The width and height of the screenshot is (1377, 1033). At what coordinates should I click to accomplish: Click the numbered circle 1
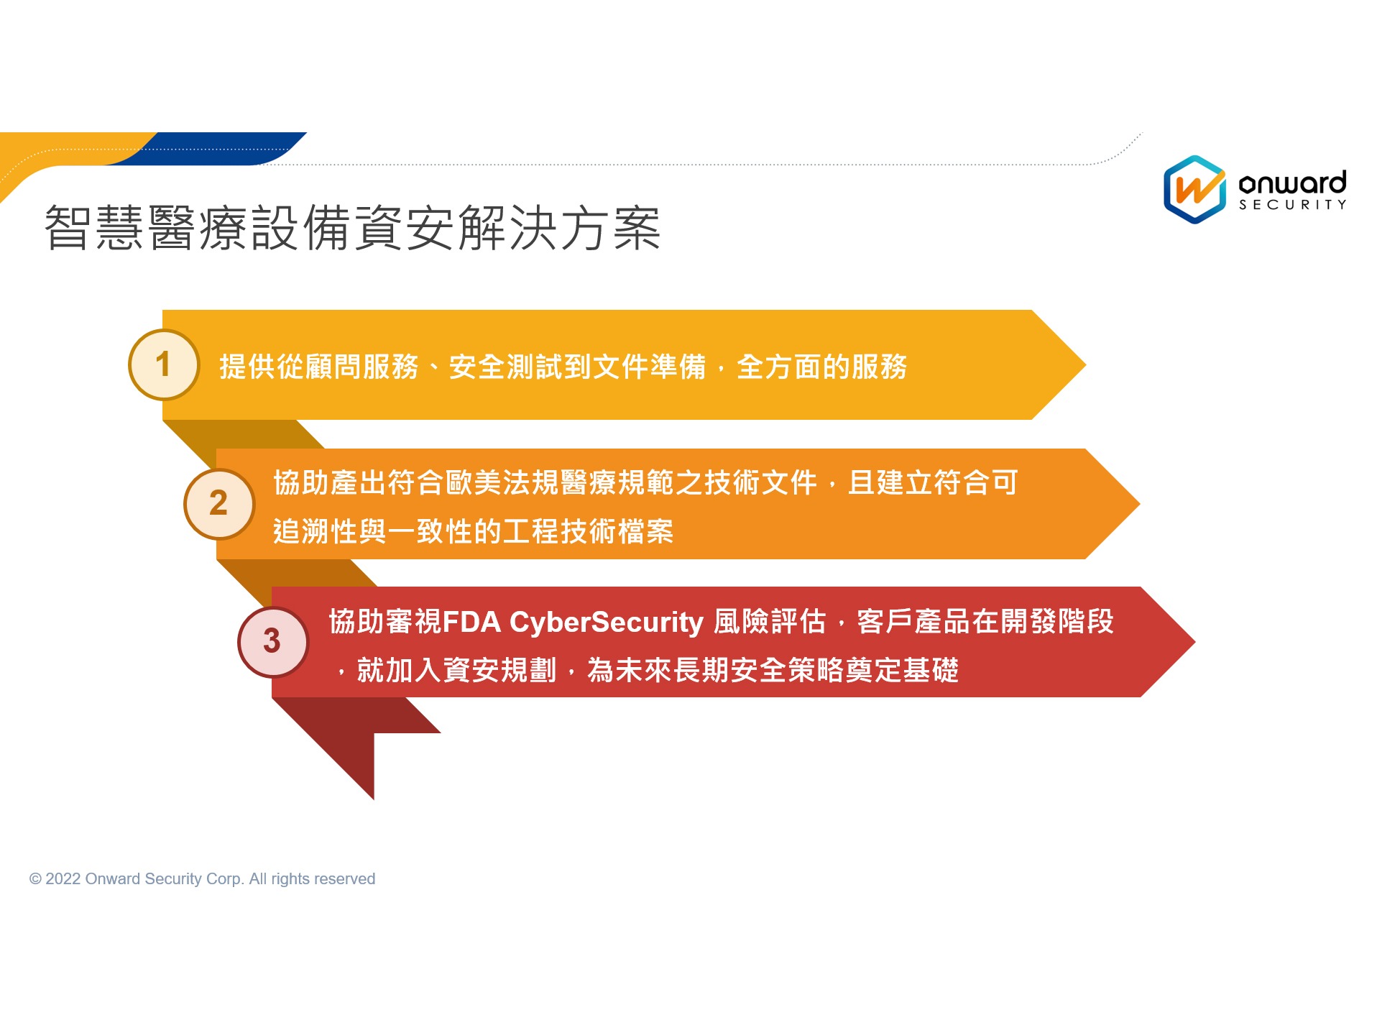163,364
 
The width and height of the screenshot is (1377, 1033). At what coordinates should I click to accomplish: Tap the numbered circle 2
218,503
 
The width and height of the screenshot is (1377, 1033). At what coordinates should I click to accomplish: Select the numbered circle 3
272,641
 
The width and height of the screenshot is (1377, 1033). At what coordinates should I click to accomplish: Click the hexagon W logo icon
1194,189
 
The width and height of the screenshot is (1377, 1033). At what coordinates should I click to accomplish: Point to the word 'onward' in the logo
1292,183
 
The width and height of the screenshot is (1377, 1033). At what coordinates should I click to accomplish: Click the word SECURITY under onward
1292,205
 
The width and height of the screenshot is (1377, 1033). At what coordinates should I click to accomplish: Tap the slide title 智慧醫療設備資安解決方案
352,228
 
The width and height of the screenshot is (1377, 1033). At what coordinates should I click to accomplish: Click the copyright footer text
202,878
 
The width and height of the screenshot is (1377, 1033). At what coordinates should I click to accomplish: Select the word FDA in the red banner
471,622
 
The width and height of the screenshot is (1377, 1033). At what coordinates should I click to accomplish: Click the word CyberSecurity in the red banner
606,623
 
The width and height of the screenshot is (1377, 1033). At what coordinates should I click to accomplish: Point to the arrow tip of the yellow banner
1084,365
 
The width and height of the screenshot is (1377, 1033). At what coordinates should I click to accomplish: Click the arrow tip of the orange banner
1139,504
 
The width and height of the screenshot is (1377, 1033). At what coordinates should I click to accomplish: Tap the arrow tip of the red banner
1194,642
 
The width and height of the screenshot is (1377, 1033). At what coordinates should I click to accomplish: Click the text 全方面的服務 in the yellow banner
821,367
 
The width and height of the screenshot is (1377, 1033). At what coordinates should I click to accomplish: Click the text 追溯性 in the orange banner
316,531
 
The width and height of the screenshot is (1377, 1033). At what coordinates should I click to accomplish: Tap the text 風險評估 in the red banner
770,622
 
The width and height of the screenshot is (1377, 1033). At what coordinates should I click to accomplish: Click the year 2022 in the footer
63,878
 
